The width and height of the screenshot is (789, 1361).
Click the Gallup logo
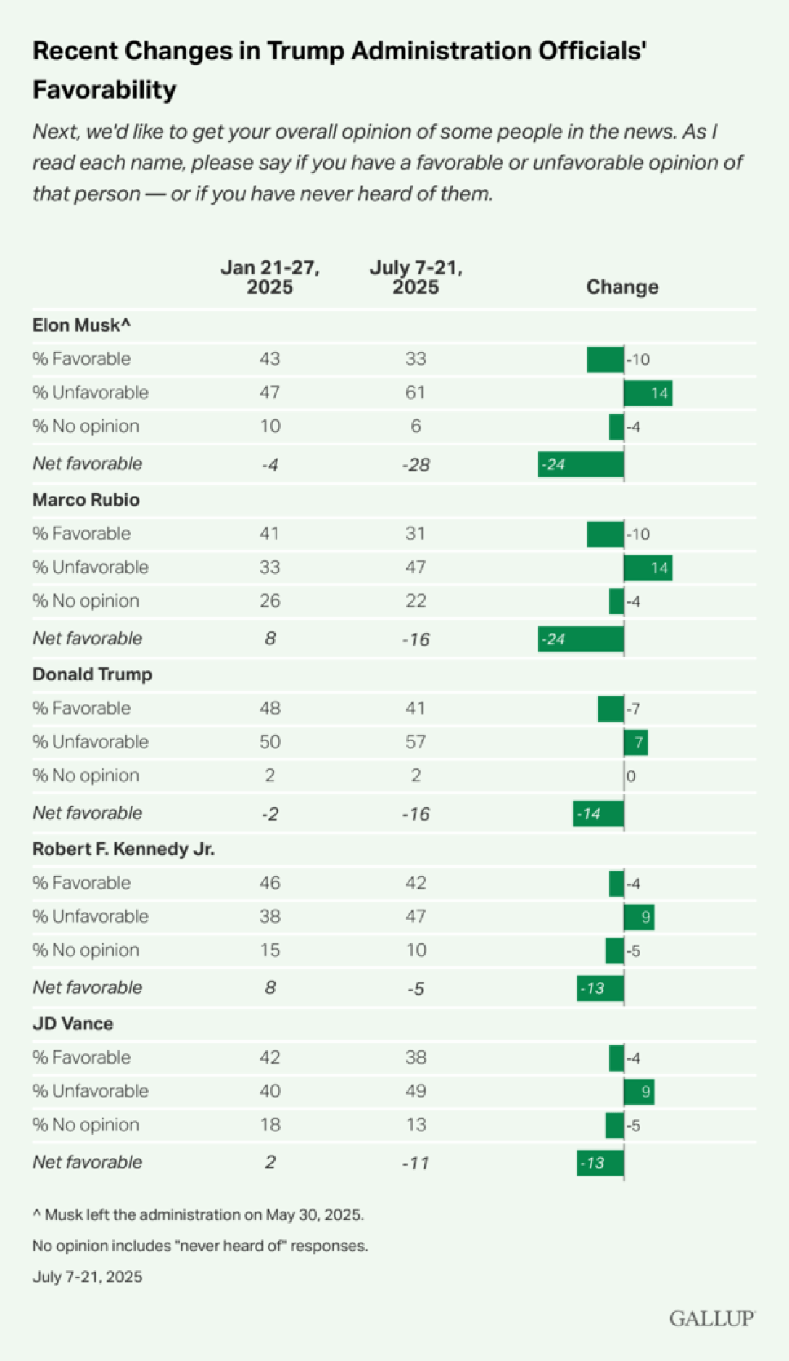click(x=711, y=1318)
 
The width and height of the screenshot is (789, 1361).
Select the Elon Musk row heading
click(x=81, y=325)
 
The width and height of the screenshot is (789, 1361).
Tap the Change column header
click(x=622, y=287)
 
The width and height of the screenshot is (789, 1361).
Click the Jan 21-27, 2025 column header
click(x=270, y=277)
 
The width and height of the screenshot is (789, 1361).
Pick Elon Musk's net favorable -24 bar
click(x=580, y=464)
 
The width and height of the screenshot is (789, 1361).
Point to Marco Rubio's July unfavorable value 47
click(x=416, y=567)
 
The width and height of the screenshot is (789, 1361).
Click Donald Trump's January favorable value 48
click(x=270, y=708)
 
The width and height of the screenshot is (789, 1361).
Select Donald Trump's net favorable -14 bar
click(x=598, y=814)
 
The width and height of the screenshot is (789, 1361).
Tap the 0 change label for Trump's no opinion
click(x=631, y=776)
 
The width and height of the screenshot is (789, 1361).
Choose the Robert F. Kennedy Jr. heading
click(x=123, y=849)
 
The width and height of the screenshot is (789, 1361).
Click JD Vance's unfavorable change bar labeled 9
click(x=639, y=1092)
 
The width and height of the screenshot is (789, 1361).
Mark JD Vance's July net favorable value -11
click(x=416, y=1163)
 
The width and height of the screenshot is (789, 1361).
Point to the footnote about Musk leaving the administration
click(x=198, y=1214)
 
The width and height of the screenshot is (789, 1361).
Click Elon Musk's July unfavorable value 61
click(x=416, y=392)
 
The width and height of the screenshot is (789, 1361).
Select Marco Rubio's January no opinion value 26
click(x=270, y=601)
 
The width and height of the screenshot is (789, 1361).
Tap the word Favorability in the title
click(x=104, y=90)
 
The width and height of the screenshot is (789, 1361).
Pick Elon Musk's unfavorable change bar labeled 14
click(x=648, y=393)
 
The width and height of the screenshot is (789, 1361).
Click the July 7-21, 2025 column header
click(x=416, y=277)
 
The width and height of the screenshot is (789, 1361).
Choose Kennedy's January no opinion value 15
click(x=270, y=950)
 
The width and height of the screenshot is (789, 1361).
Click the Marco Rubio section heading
click(x=86, y=500)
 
